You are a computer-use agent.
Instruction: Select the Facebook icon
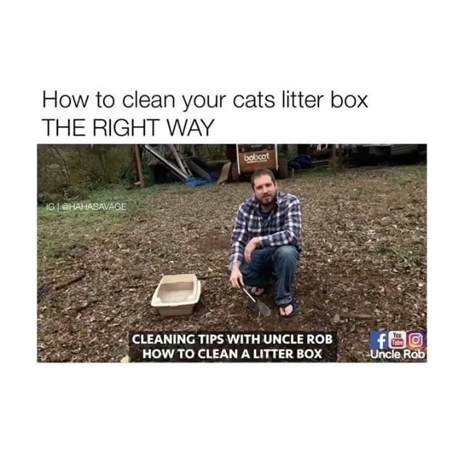point(378,339)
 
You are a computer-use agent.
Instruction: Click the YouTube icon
point(397,339)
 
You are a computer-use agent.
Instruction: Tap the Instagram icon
point(415,339)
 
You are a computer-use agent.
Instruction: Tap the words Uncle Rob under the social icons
point(397,355)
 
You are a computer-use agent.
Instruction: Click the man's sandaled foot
point(287,309)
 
